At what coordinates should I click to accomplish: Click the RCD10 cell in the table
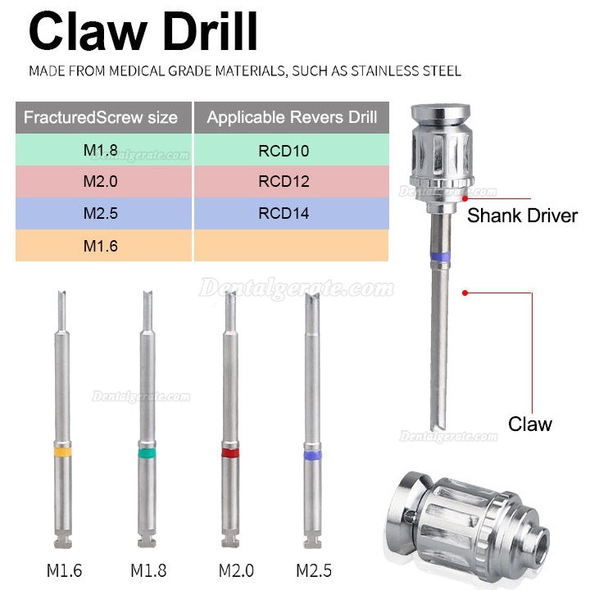click(291, 150)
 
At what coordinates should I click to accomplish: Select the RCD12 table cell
click(291, 182)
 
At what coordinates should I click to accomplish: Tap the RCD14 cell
click(291, 213)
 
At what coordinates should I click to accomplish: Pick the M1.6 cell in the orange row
click(103, 246)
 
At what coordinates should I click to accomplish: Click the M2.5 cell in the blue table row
click(103, 213)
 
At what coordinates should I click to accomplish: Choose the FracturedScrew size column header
click(103, 117)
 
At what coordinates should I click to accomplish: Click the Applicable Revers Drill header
click(291, 117)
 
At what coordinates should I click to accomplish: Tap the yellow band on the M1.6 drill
click(63, 452)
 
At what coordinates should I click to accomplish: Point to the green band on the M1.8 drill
click(147, 452)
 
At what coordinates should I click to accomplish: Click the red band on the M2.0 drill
click(230, 452)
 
